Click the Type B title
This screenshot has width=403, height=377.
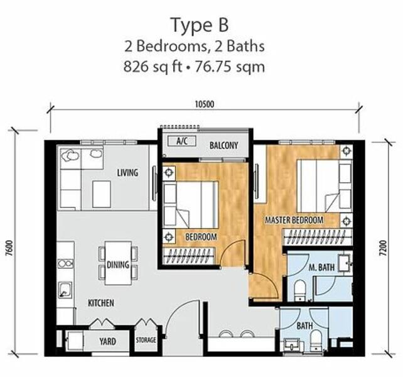coord(200,26)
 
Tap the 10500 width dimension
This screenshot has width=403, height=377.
coord(205,104)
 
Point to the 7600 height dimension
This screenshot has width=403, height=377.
coord(10,248)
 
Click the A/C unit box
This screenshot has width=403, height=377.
coord(181,141)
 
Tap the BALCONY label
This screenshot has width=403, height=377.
coord(223,146)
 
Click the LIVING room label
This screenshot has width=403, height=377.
coord(127,173)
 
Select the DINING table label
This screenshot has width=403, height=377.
coord(118,265)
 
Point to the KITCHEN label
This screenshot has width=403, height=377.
coord(101,303)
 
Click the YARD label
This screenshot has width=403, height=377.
coord(108,341)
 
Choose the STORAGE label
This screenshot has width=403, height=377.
coord(146,340)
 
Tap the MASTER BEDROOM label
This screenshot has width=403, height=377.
coord(294,220)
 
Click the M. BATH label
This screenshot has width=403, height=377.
coord(321,268)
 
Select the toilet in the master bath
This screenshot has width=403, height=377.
coord(299,290)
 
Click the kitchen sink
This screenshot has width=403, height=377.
coord(65,290)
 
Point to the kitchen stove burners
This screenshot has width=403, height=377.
coord(65,264)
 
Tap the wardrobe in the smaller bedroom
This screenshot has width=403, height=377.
coord(189,256)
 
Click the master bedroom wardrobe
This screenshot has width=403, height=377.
coord(318,237)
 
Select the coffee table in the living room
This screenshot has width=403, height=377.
coord(102,194)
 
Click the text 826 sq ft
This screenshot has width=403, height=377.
coord(153,67)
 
